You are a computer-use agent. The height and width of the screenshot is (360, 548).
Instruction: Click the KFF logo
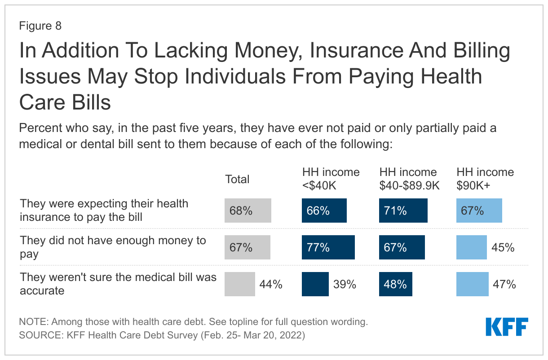point(507,327)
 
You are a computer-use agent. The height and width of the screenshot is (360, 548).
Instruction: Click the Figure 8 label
point(40,26)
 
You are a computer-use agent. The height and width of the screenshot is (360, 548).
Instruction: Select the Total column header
point(237,179)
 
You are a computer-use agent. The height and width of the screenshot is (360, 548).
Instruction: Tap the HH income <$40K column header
point(331,179)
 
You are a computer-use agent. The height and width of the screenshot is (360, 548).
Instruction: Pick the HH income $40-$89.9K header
point(409,179)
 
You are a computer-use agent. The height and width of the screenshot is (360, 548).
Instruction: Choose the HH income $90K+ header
point(485,179)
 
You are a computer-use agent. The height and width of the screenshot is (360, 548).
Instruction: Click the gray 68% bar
point(248,211)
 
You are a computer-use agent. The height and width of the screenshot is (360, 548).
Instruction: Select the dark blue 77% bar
point(328,247)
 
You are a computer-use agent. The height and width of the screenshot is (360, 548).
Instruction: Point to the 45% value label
point(503,247)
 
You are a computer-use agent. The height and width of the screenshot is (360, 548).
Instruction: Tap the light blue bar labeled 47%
point(472,284)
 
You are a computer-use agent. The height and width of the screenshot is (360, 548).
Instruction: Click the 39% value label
point(345,284)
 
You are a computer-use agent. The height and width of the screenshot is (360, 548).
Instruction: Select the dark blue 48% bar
point(395,284)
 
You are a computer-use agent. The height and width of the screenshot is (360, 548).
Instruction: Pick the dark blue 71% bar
point(403,211)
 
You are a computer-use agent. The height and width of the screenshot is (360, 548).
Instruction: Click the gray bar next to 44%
point(239,284)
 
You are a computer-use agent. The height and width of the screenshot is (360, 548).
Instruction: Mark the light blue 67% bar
point(479,211)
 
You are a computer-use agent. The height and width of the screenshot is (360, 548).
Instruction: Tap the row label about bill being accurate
point(118,284)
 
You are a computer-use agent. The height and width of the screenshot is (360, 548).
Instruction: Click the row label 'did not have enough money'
point(113,247)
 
